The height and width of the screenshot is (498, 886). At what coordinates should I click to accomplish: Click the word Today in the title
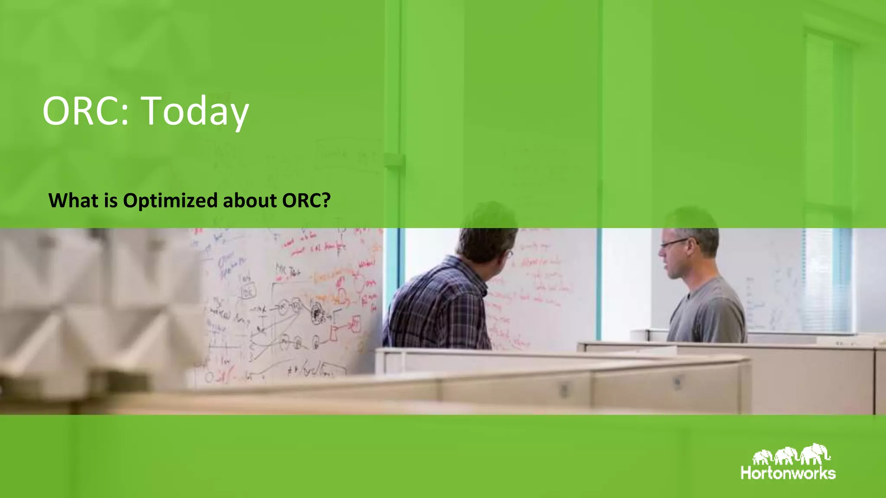pyautogui.click(x=196, y=111)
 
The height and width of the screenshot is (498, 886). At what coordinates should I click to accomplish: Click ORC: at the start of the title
pyautogui.click(x=86, y=111)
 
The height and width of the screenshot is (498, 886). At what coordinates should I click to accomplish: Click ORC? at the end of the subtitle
pyautogui.click(x=306, y=201)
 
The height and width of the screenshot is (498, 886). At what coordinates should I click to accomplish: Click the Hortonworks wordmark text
pyautogui.click(x=788, y=473)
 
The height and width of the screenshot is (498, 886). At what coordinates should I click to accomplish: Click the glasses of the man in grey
pyautogui.click(x=673, y=243)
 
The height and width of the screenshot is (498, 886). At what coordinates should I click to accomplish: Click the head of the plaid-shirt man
pyautogui.click(x=487, y=242)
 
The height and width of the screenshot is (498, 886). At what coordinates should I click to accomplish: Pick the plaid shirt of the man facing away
pyautogui.click(x=437, y=307)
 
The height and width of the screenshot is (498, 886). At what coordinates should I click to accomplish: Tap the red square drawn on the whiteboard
pyautogui.click(x=356, y=324)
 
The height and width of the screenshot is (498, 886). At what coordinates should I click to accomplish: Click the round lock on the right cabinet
pyautogui.click(x=677, y=381)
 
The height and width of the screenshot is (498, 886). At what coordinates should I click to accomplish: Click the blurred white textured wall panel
pyautogui.click(x=87, y=303)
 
